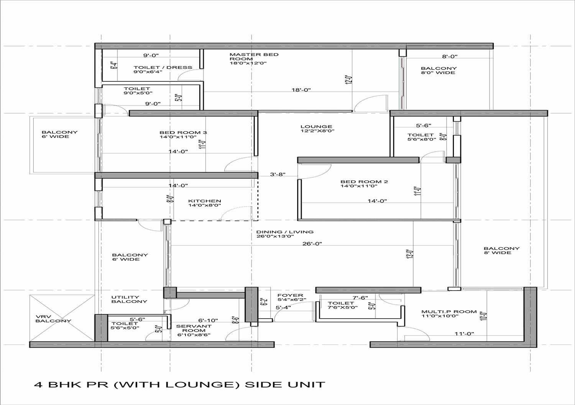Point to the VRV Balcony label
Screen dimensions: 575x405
coord(53,319)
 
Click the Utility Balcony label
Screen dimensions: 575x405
coord(129,299)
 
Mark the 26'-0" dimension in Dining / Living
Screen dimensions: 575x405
coord(312,243)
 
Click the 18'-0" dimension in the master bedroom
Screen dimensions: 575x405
coord(301,90)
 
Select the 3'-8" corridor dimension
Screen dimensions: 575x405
coord(278,174)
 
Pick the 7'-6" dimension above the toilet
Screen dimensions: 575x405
coord(360,298)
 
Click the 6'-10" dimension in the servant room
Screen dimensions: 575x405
coord(208,320)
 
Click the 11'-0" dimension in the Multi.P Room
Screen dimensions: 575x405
coord(464,334)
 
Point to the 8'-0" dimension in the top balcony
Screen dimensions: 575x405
coord(450,56)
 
